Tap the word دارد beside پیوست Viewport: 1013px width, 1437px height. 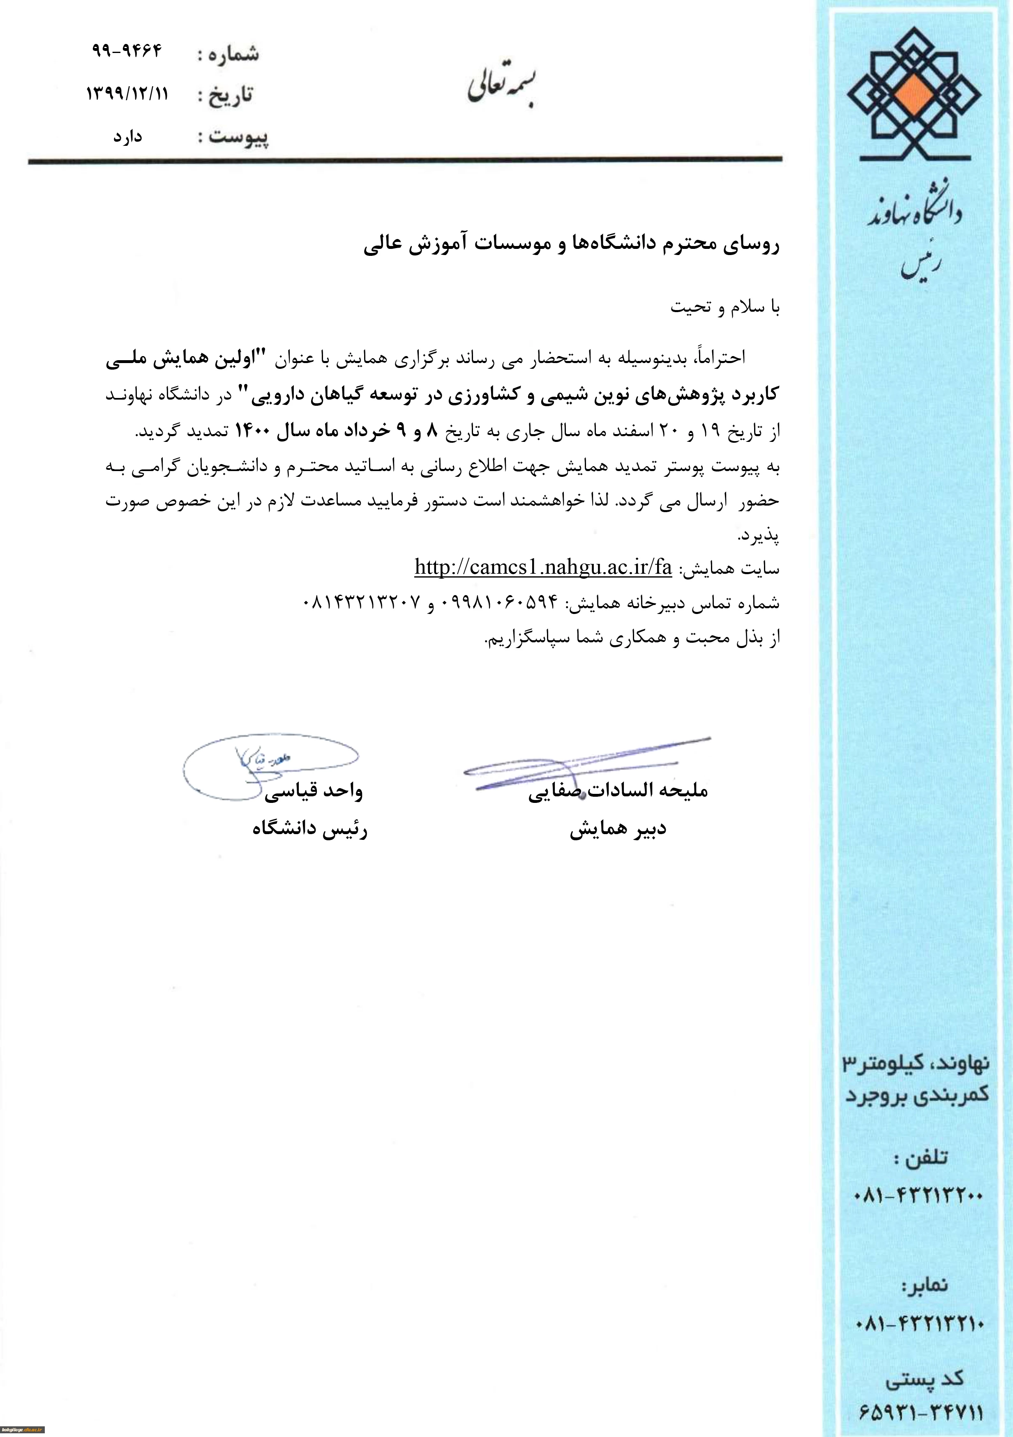pyautogui.click(x=128, y=136)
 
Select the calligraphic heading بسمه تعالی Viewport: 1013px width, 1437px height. pyautogui.click(x=502, y=87)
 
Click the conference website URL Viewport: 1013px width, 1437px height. pyautogui.click(x=543, y=567)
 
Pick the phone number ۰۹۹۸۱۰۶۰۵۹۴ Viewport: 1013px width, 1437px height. pyautogui.click(x=500, y=602)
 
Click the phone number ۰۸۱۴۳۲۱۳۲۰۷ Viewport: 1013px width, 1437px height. pyautogui.click(x=361, y=602)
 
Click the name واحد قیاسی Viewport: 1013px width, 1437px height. pyautogui.click(x=313, y=792)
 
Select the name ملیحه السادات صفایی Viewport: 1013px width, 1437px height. pyautogui.click(x=618, y=791)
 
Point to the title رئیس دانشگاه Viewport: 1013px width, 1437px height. pyautogui.click(x=309, y=829)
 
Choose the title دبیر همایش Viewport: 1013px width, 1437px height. pyautogui.click(x=618, y=829)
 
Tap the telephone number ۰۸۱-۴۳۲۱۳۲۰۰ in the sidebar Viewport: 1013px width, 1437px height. pyautogui.click(x=918, y=1196)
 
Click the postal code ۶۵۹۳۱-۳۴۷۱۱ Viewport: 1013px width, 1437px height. pyautogui.click(x=919, y=1412)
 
